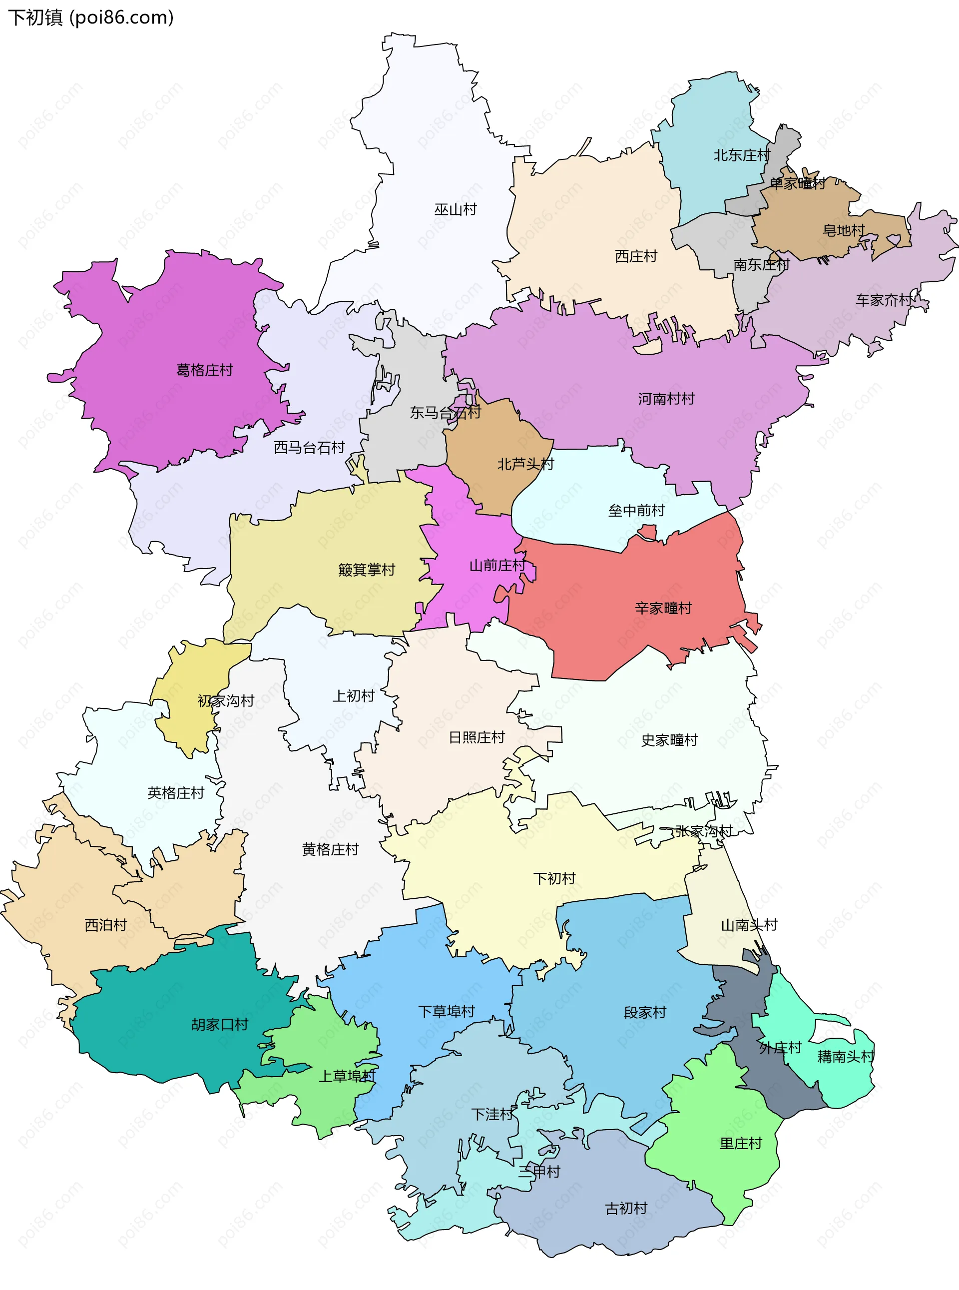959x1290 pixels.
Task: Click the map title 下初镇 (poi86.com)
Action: (x=90, y=17)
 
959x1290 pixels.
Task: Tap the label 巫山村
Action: (x=455, y=209)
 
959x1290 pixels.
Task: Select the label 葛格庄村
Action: (x=204, y=370)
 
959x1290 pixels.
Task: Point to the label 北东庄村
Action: (x=741, y=155)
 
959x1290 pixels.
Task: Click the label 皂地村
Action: (x=843, y=230)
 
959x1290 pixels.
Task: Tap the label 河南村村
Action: (x=666, y=399)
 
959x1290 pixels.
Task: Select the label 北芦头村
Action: (x=525, y=464)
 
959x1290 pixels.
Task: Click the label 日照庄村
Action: (x=477, y=737)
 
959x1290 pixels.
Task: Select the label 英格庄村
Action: (x=175, y=793)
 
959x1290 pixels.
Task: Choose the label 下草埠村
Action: (x=447, y=1011)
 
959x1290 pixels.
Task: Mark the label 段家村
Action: (x=644, y=1013)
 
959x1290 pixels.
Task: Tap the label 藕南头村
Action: (x=845, y=1057)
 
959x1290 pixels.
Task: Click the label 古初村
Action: (x=626, y=1208)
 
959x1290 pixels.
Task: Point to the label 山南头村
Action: (x=749, y=925)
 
